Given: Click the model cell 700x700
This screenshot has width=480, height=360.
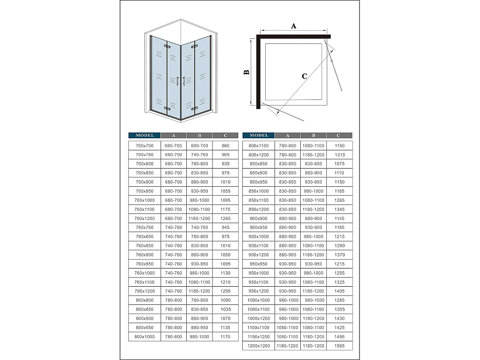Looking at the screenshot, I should click(x=144, y=146).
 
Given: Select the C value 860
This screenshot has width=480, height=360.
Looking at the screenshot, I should click(x=226, y=146).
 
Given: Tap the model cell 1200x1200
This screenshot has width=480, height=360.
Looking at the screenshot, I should click(x=259, y=346).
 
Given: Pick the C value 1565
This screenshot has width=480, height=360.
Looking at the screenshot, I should click(x=339, y=346).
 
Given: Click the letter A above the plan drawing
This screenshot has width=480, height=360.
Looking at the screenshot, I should click(x=294, y=26).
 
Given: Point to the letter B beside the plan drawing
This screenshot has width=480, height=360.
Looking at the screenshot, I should click(x=247, y=72).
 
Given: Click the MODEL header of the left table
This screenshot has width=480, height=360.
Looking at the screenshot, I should click(x=144, y=135).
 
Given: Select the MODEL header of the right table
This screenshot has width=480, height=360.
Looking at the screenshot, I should click(x=259, y=135).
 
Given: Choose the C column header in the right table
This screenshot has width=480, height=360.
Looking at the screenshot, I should click(x=339, y=135).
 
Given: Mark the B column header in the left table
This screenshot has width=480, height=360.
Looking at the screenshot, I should click(x=199, y=135).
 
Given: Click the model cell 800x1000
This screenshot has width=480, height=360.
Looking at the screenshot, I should click(x=144, y=337).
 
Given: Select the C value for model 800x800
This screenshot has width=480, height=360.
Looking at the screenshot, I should click(x=226, y=300).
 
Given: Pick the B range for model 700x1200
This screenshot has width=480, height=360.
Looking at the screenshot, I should click(x=199, y=219).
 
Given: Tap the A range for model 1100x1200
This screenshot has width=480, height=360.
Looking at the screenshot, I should click(x=288, y=337).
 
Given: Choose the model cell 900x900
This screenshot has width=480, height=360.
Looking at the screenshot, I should click(x=259, y=219).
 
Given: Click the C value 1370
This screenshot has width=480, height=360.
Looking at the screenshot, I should click(x=339, y=255).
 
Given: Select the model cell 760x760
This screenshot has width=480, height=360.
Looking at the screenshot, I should click(x=144, y=227).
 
